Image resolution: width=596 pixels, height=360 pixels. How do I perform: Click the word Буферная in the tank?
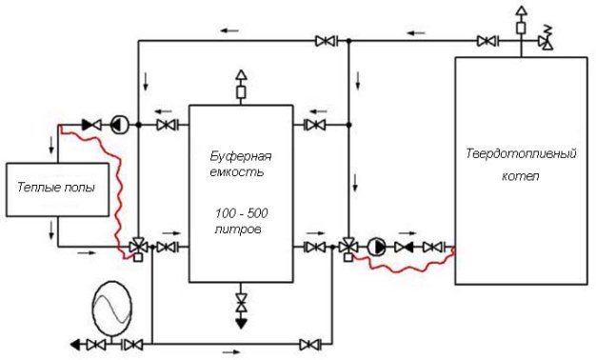coord(241,156)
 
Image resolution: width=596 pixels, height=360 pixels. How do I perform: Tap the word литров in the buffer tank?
coord(238,230)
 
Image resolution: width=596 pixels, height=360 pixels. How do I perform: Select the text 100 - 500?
coord(242,213)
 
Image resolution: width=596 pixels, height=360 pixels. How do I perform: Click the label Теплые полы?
coord(56,188)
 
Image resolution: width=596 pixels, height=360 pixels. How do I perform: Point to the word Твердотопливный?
coord(521,154)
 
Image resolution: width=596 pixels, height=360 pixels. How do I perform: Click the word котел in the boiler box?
coord(521,176)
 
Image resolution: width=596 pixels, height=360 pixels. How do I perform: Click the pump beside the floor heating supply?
coord(120,125)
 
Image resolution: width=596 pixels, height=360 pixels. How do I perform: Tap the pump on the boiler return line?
coord(377,247)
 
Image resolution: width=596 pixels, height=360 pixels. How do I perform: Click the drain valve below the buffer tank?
coord(241,302)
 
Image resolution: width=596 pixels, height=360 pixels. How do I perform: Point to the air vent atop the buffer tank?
coord(241,86)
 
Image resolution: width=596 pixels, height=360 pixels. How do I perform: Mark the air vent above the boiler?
coord(521,21)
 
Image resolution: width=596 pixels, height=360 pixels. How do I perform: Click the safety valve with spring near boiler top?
coord(546,38)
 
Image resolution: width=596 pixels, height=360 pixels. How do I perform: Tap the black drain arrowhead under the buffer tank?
coord(241,323)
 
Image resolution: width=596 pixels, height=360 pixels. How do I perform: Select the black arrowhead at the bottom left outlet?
coord(75,345)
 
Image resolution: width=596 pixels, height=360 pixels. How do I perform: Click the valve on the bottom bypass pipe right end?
coord(310,345)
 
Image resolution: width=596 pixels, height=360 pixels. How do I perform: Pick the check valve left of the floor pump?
coord(91,125)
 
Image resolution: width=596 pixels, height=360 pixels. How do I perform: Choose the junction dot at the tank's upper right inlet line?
coord(348,125)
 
